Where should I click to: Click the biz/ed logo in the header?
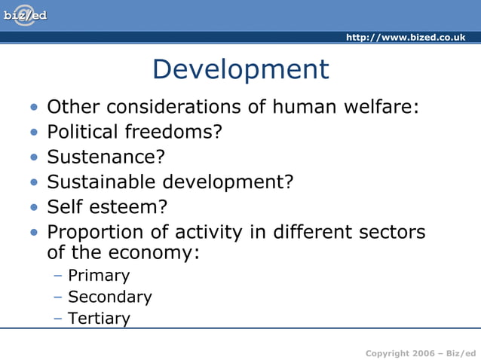pyautogui.click(x=26, y=16)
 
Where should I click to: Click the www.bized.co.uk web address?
pyautogui.click(x=405, y=38)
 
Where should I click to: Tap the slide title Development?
pyautogui.click(x=240, y=69)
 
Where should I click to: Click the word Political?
pyautogui.click(x=83, y=132)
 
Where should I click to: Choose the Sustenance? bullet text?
pyautogui.click(x=106, y=157)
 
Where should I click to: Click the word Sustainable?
pyautogui.click(x=97, y=182)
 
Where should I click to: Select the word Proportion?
pyautogui.click(x=93, y=231)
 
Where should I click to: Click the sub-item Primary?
pyautogui.click(x=99, y=276)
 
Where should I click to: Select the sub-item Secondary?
pyautogui.click(x=110, y=297)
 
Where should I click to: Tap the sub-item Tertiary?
pyautogui.click(x=99, y=318)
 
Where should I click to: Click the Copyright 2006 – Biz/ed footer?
pyautogui.click(x=421, y=352)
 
